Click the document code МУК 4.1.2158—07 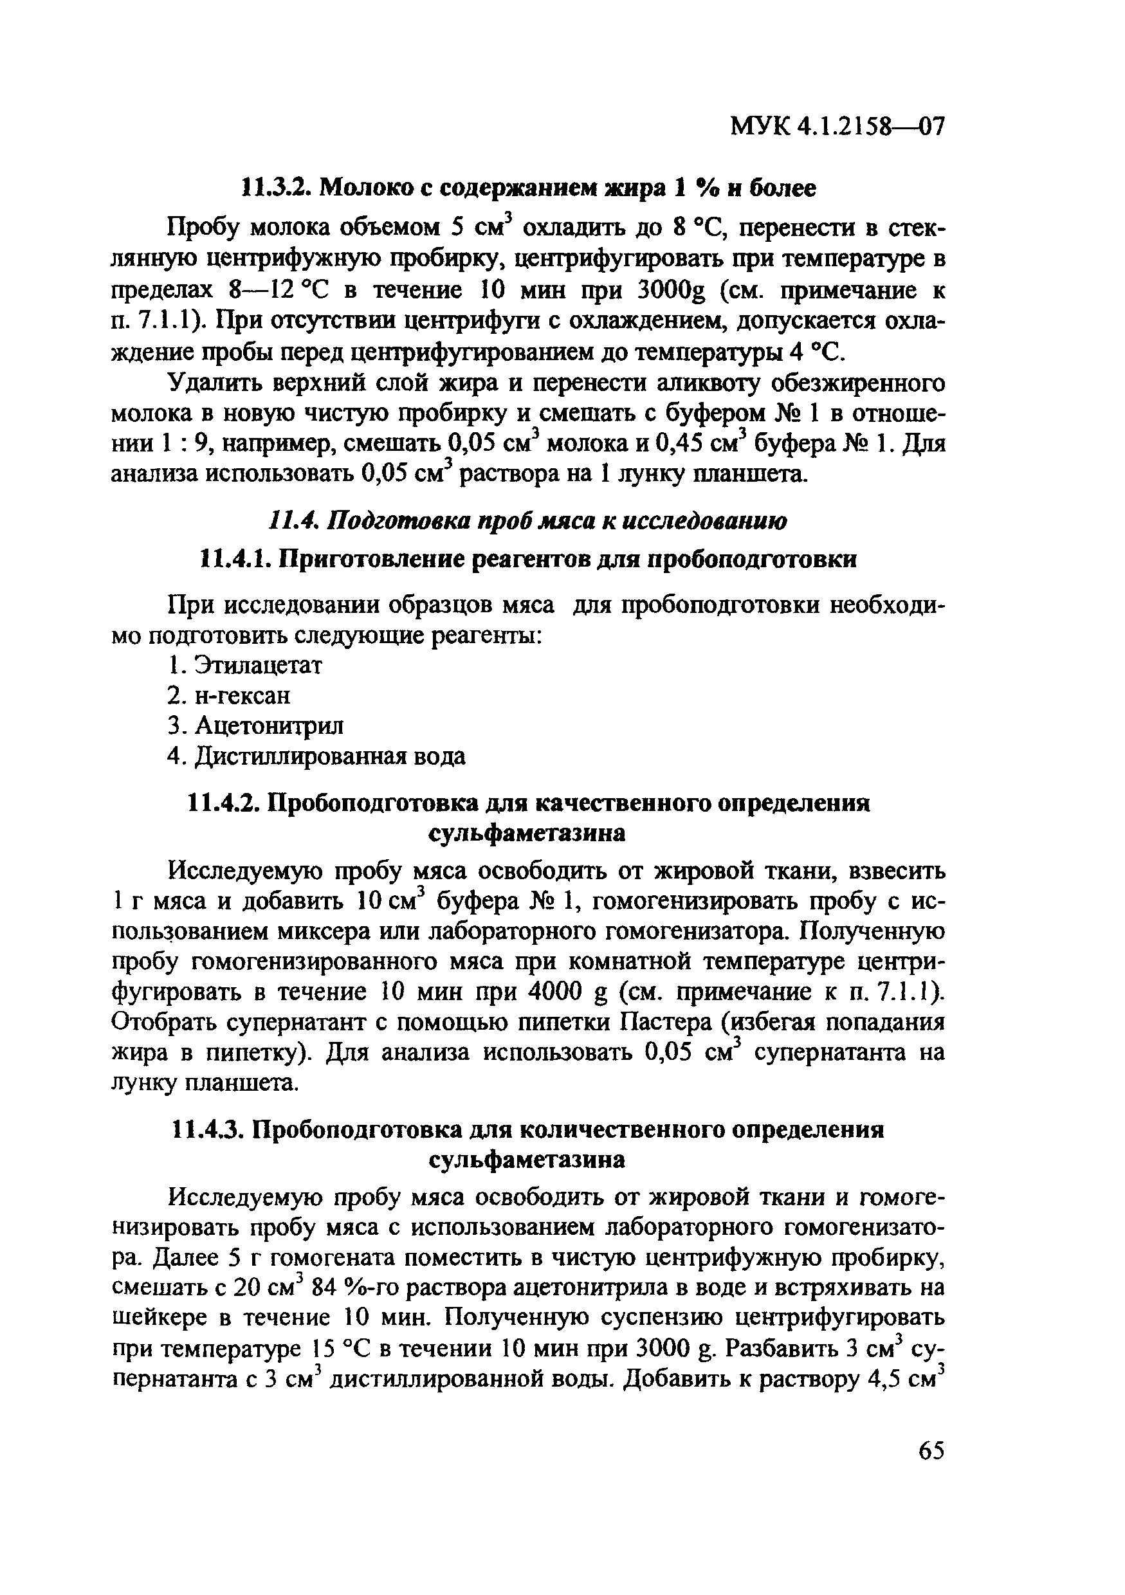(837, 127)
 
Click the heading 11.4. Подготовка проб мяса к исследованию (527, 521)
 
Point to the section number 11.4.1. (234, 560)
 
